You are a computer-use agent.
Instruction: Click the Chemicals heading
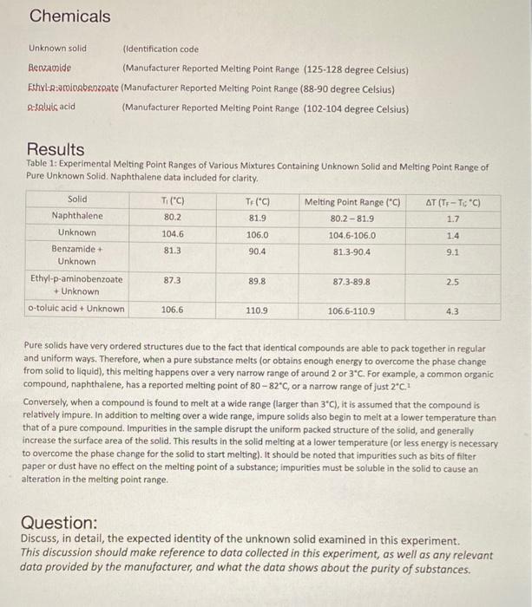(x=70, y=16)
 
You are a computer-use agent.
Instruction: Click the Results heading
(x=56, y=149)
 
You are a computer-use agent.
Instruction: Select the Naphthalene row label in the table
(x=76, y=216)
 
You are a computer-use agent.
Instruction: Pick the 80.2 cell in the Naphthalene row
(x=172, y=216)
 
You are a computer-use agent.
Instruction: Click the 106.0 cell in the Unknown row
(x=257, y=233)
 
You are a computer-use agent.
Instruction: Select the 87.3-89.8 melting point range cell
(x=352, y=283)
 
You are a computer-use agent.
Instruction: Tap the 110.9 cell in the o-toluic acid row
(x=257, y=310)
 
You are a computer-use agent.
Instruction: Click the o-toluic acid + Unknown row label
(x=76, y=310)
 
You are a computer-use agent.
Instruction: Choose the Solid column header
(x=76, y=200)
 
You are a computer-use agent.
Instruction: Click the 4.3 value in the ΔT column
(x=453, y=310)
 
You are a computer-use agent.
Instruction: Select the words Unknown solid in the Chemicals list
(x=57, y=49)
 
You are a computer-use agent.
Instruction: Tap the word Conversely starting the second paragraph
(x=48, y=401)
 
